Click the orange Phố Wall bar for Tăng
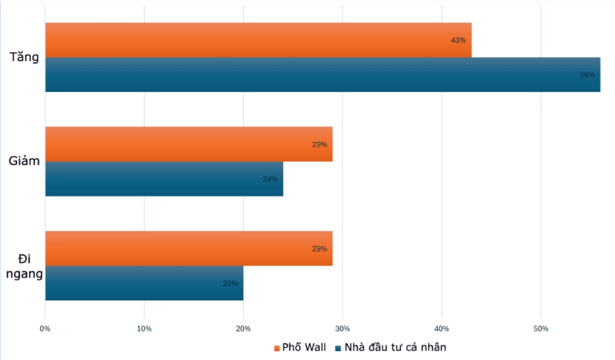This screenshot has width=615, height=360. click(x=258, y=40)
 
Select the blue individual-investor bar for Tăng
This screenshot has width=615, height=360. click(x=322, y=75)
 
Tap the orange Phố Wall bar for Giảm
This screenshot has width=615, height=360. click(x=188, y=144)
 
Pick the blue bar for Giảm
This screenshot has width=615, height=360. click(x=164, y=179)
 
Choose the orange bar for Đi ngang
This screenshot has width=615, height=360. click(x=188, y=248)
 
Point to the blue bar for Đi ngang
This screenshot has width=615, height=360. click(x=144, y=283)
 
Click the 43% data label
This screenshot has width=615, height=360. click(x=459, y=40)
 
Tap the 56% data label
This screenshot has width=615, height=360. click(x=588, y=75)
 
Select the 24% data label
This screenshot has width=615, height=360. click(x=270, y=179)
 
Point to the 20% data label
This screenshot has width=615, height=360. click(x=230, y=283)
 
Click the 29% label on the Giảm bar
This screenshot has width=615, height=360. click(x=320, y=144)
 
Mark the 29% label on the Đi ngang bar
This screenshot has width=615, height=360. click(x=320, y=248)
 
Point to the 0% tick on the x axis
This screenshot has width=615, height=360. click(x=45, y=328)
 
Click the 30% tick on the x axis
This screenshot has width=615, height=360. click(x=343, y=328)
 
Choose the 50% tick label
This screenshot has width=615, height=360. click(x=541, y=328)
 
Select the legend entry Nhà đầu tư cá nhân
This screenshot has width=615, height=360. click(x=394, y=347)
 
